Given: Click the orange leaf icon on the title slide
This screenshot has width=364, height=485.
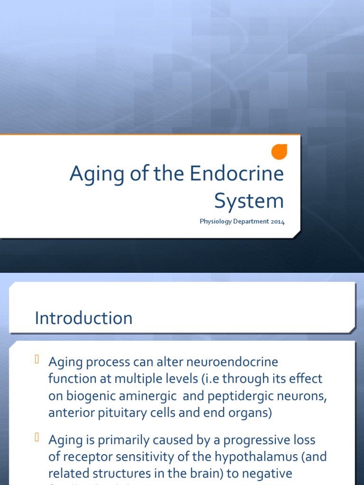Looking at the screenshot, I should tap(279, 152).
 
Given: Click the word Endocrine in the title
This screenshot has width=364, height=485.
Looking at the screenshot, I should tap(237, 174).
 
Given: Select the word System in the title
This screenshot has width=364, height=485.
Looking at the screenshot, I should tap(249, 201).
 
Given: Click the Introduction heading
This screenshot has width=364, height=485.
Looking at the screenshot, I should tap(83, 318).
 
